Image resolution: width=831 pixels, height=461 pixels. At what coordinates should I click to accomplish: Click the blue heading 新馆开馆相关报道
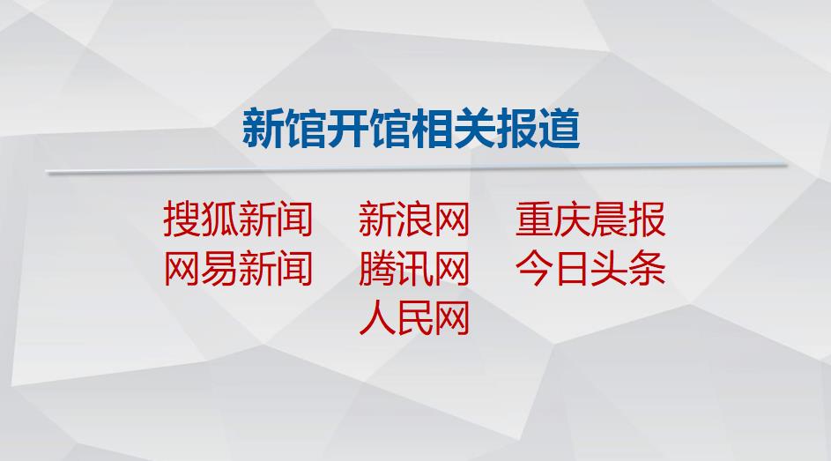pos(412,129)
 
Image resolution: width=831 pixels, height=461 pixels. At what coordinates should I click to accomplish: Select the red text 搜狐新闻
pos(237,219)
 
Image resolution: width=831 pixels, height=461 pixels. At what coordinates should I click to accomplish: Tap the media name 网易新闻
pos(237,269)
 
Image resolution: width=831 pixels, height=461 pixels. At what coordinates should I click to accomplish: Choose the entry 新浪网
pos(414,219)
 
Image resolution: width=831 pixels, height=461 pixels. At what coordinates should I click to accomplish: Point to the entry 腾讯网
pos(414,269)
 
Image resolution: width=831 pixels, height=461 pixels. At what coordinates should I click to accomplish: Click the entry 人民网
pos(414,318)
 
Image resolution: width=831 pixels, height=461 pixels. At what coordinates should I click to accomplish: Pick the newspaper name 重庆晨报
pos(590,219)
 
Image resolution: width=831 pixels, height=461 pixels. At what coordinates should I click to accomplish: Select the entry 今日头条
pos(590,269)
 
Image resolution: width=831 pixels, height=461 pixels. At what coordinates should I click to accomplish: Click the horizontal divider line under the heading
pos(417,168)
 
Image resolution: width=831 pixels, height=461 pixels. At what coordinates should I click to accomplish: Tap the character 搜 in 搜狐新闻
pos(182,219)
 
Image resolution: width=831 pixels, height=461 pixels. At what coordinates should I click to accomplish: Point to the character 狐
pos(219,219)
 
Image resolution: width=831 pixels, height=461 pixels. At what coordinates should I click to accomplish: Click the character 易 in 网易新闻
pos(219,269)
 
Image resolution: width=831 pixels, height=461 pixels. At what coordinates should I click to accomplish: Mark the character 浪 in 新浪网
pos(414,219)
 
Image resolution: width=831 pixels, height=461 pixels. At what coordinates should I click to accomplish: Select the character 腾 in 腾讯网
pos(377,269)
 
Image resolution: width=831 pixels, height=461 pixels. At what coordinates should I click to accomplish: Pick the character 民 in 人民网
pos(414,318)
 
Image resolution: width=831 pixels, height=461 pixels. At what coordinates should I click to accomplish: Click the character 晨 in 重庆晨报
pos(609,219)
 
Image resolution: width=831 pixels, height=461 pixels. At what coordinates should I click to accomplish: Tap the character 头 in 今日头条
pos(609,269)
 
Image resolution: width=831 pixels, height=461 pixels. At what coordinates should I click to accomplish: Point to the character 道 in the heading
pos(559,129)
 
